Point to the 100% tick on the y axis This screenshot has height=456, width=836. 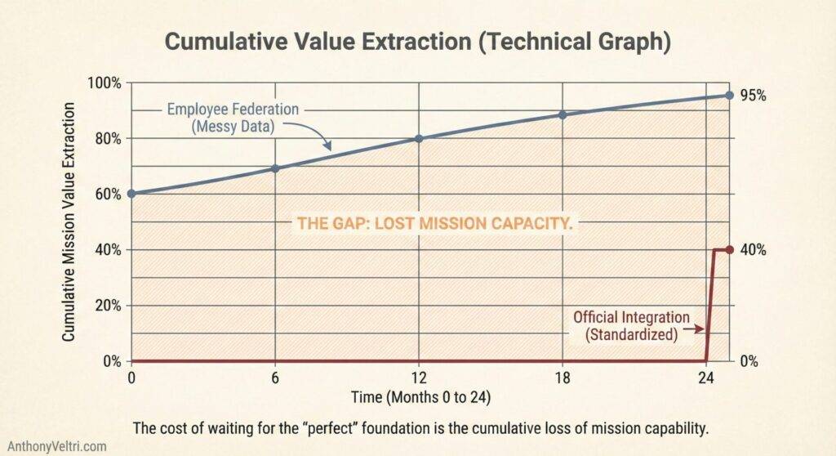pos(104,83)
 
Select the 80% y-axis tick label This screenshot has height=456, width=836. pos(107,139)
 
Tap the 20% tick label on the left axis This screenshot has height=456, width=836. pos(107,306)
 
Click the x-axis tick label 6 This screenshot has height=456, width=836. pos(275,378)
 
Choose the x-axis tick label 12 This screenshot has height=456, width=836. pos(419,378)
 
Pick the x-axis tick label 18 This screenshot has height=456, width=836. pos(563,378)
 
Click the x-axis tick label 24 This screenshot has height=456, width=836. pos(706,378)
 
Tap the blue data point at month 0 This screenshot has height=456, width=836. pos(131,194)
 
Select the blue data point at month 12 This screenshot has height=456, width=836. pos(419,138)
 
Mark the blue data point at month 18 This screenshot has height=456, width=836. pos(563,114)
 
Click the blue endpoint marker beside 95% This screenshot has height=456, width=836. pos(730,95)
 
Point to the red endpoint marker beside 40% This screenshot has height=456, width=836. pos(730,249)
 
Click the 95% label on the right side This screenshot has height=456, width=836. pos(753,96)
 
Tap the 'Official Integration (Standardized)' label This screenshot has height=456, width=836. pos(630,325)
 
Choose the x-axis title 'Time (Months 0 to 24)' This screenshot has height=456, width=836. pos(418,398)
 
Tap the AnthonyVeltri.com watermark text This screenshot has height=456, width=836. pos(57,445)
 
